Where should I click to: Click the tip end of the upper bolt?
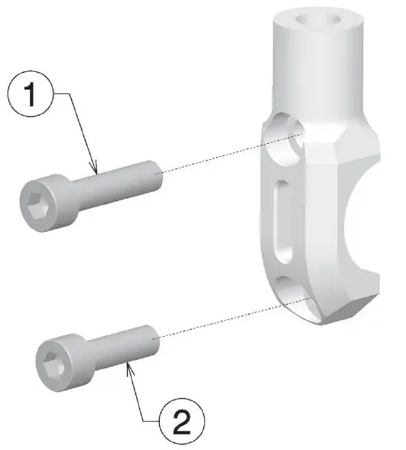[x=158, y=173]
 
